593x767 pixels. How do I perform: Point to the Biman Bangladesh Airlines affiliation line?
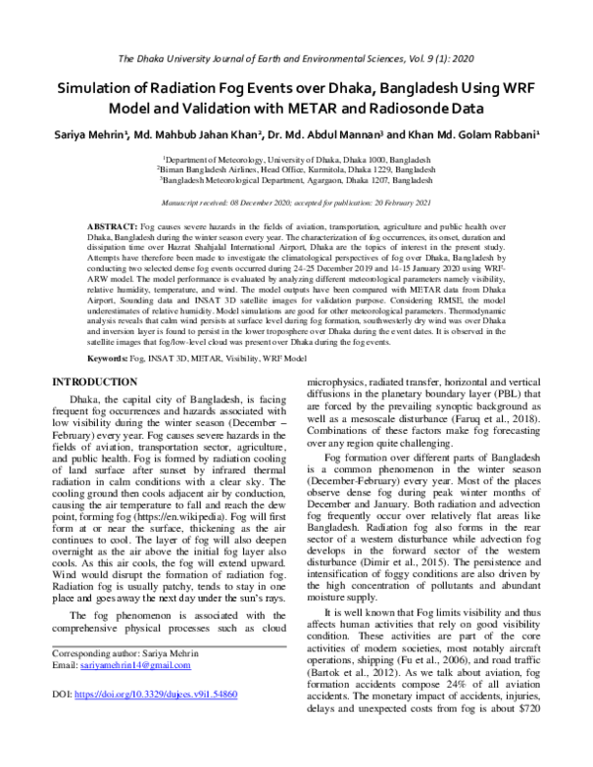(x=296, y=170)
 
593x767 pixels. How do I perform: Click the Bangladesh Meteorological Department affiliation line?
(x=296, y=182)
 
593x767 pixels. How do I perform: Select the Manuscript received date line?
(x=296, y=202)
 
